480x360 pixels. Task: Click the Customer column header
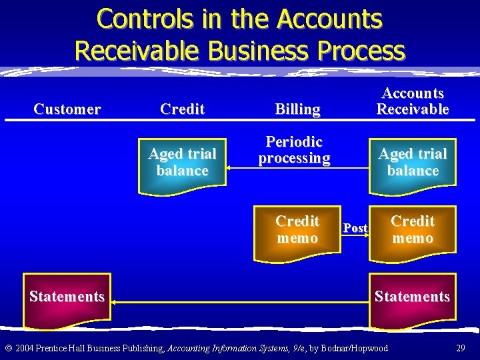coord(67,109)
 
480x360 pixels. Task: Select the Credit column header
coord(182,109)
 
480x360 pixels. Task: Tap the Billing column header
coord(297,109)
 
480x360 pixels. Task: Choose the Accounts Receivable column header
coord(413,101)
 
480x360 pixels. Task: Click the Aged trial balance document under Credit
coord(182,163)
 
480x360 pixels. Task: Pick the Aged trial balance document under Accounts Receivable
coord(413,163)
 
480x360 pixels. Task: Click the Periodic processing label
coord(294,150)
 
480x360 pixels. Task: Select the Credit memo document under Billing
coord(297,230)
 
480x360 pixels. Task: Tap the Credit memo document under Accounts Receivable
coord(413,230)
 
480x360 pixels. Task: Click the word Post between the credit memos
coord(355,228)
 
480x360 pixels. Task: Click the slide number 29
coord(460,348)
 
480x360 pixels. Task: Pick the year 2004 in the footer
coord(25,348)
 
